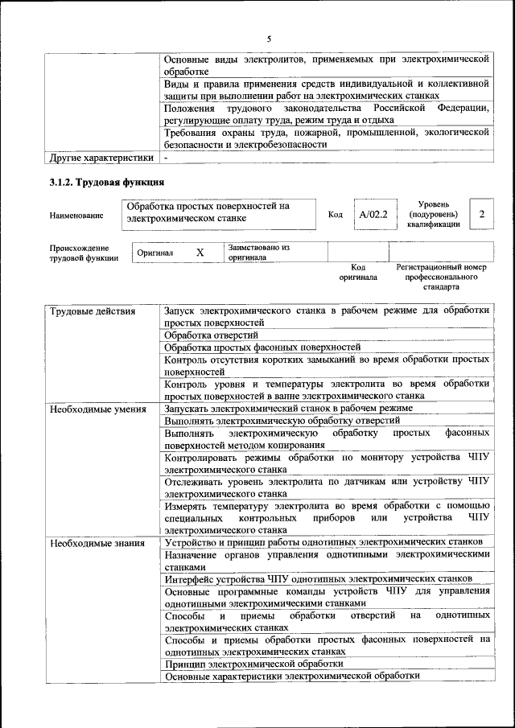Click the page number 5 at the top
point(270,38)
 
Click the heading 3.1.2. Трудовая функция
point(107,183)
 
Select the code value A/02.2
point(373,215)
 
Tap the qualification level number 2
point(481,215)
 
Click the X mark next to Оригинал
point(200,253)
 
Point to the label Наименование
point(76,216)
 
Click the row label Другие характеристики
point(101,158)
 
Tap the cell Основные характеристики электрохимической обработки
point(292,677)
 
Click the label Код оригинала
point(358,272)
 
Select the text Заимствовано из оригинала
point(258,253)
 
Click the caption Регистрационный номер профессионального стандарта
point(442,276)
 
